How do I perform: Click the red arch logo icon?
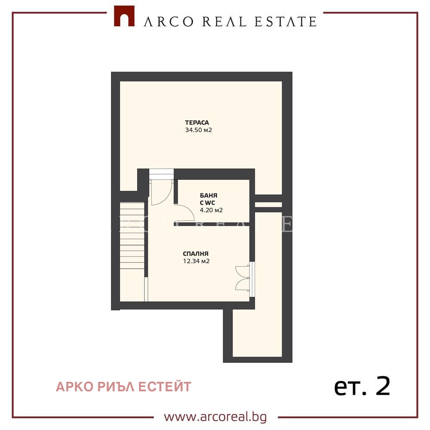click(x=124, y=16)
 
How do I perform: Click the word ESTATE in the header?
click(x=286, y=21)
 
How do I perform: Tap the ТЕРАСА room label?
click(x=197, y=123)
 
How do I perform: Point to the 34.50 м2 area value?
click(x=199, y=130)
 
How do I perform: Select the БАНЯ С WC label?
click(x=209, y=199)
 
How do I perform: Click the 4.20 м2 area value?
click(x=211, y=210)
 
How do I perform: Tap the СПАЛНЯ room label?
click(x=196, y=254)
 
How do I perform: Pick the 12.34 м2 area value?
click(x=197, y=261)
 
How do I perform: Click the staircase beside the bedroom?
click(x=132, y=235)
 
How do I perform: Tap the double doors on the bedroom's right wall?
click(x=243, y=278)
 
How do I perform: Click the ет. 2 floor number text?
click(x=362, y=386)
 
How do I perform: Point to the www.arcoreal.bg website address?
click(x=215, y=417)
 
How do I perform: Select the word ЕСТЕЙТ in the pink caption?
click(x=165, y=387)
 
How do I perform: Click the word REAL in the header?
click(x=224, y=21)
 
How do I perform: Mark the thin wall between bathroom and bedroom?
click(x=212, y=224)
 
